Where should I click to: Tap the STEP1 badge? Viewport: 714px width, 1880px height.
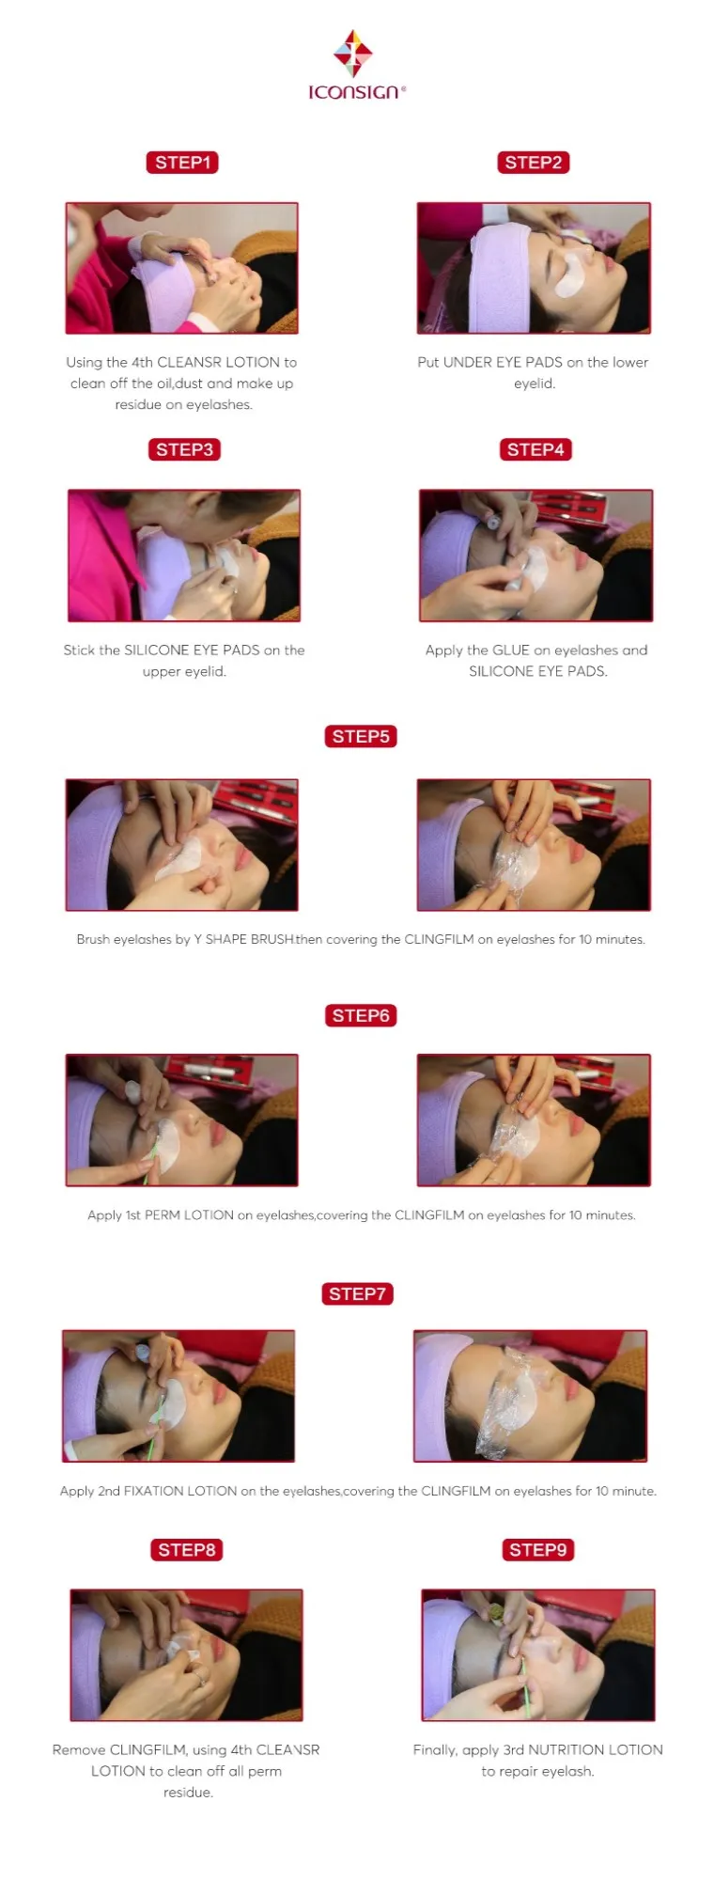tap(182, 163)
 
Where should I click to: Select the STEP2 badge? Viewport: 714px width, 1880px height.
tap(533, 163)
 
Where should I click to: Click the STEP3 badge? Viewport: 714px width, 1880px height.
tap(184, 449)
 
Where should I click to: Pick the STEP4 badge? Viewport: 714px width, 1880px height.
tap(535, 449)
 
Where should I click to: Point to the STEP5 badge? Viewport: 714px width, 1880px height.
tap(361, 736)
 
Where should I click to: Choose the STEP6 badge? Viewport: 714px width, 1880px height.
tap(361, 1015)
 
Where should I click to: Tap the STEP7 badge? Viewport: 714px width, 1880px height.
tap(357, 1293)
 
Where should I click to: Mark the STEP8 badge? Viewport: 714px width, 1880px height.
tap(187, 1550)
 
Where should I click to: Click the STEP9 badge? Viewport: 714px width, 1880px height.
tap(537, 1550)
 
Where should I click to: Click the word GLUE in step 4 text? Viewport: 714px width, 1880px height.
tap(511, 650)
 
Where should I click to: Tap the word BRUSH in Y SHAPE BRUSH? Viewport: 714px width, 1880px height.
tap(272, 939)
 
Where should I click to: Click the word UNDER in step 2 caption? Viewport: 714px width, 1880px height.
tap(469, 362)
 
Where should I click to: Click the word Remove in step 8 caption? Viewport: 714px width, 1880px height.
tap(79, 1749)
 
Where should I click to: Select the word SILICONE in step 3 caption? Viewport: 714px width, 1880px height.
tap(157, 650)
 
